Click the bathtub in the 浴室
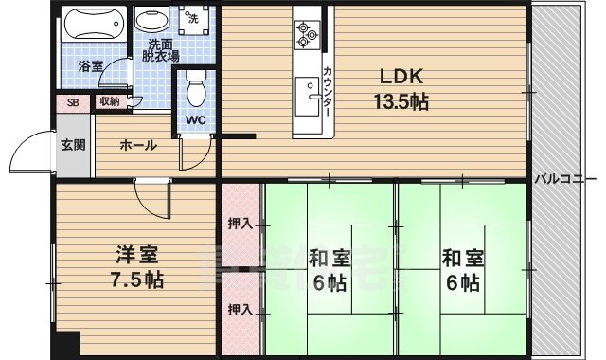95,23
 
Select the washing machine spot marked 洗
193,19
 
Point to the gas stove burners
307,35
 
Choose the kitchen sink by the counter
308,97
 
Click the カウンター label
327,92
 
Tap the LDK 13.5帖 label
401,90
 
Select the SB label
73,102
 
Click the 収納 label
110,101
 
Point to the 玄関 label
73,145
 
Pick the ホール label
138,146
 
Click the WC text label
196,120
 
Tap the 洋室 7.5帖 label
137,267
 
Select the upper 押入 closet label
240,224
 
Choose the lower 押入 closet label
240,310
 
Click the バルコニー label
566,179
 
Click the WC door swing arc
204,162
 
